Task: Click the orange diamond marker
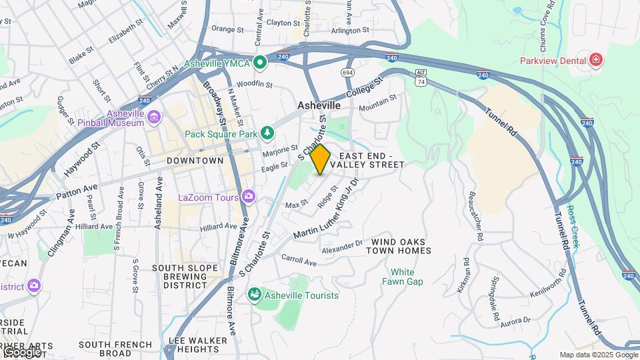320,159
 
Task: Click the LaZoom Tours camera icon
249,197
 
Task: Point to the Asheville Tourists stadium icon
254,295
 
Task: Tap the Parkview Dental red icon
596,61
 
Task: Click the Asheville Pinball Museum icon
155,118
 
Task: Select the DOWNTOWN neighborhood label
195,161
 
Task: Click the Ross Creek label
573,226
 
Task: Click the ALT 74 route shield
420,77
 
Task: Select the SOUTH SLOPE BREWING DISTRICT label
180,277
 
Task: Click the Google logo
21,351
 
